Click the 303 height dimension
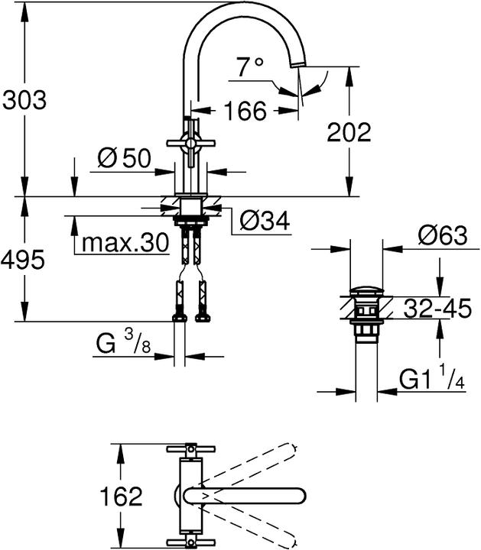24,100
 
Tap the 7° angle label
249,68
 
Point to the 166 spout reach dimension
245,112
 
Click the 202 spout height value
349,132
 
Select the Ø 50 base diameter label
125,159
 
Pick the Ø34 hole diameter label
264,222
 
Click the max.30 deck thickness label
125,243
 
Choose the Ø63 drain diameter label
442,236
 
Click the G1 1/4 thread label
432,377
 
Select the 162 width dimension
121,497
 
